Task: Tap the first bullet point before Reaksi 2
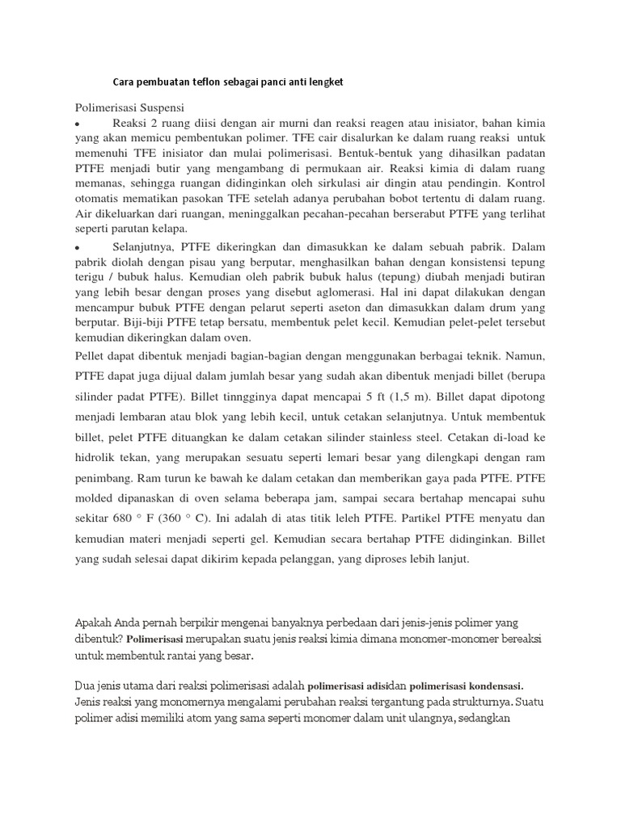(78, 126)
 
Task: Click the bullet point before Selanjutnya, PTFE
(78, 248)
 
